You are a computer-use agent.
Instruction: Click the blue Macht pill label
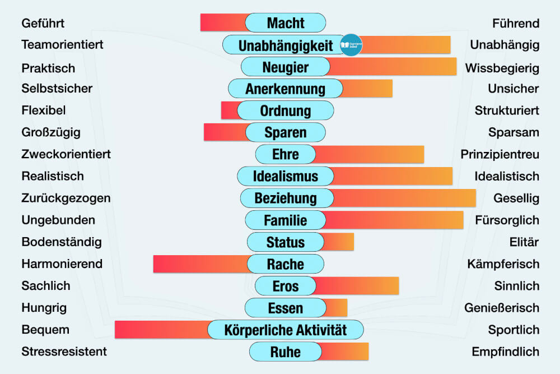click(285, 23)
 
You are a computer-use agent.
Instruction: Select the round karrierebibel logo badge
click(351, 45)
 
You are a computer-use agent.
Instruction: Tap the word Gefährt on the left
click(43, 23)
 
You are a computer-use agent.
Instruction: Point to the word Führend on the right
click(516, 23)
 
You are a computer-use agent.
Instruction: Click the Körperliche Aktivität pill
click(285, 330)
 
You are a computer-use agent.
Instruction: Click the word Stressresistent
click(64, 352)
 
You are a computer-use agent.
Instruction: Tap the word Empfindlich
click(505, 352)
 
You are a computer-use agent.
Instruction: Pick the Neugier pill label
click(285, 67)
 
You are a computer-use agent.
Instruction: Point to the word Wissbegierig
click(502, 68)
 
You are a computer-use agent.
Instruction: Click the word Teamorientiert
click(62, 45)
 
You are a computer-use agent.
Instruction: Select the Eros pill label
click(285, 286)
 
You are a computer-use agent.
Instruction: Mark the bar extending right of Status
click(338, 242)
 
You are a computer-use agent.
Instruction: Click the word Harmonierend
click(62, 264)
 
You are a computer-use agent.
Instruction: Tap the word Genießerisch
click(502, 308)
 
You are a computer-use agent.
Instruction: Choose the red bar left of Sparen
click(225, 132)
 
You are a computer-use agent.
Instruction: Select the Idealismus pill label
click(285, 177)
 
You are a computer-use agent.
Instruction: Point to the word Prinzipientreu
click(500, 154)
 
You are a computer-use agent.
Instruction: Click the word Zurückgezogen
click(66, 198)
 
